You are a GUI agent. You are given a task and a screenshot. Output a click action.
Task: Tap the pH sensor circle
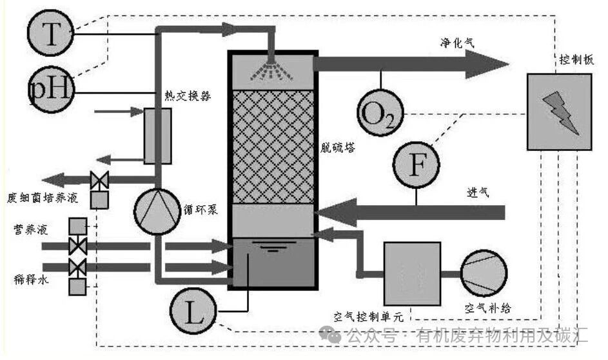[x=52, y=88]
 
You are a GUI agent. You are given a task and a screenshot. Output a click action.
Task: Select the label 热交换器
[x=188, y=95]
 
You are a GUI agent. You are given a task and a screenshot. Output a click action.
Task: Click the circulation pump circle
[x=156, y=210]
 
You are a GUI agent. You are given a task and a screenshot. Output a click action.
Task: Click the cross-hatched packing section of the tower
[x=273, y=147]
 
